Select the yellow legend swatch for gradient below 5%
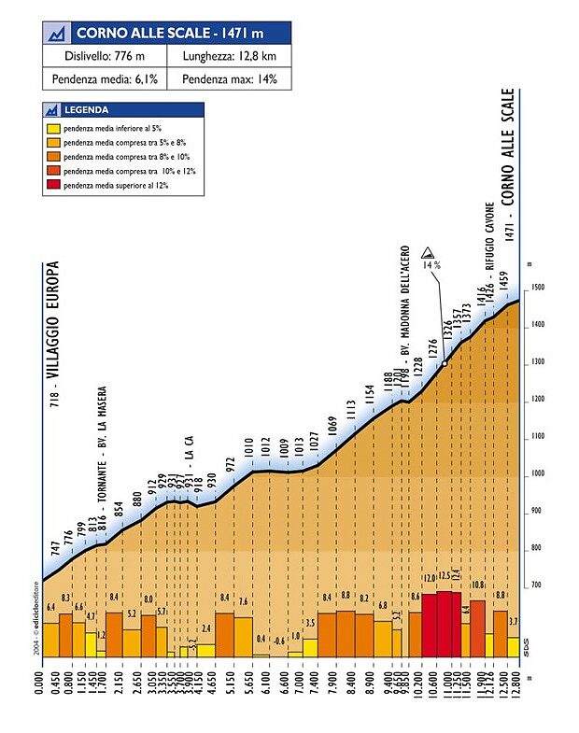point(54,128)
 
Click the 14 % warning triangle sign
point(428,252)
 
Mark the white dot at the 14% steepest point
point(444,363)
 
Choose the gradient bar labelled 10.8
point(477,627)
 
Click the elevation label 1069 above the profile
point(332,427)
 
